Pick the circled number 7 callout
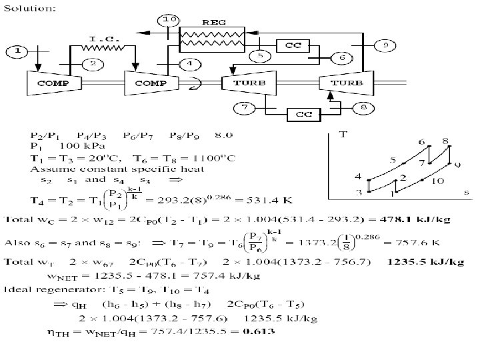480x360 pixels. pyautogui.click(x=244, y=107)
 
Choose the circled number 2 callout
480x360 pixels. pyautogui.click(x=93, y=64)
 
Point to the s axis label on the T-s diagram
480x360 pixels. pyautogui.click(x=467, y=193)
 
